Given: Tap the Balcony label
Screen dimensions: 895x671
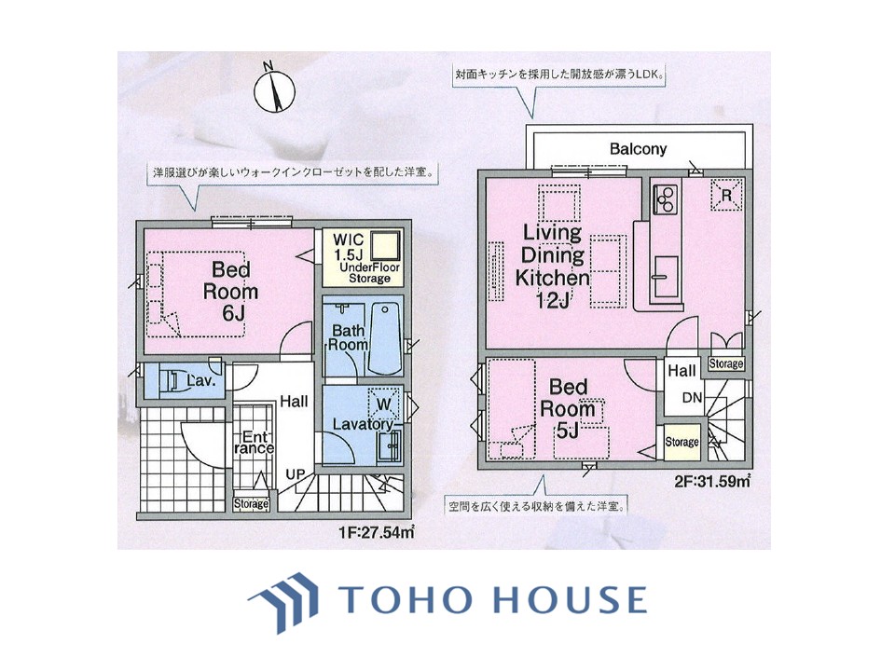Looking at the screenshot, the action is pos(638,149).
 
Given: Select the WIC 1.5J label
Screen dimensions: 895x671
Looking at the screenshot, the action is pos(348,246).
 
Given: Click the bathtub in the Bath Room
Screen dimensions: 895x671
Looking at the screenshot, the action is pos(386,339).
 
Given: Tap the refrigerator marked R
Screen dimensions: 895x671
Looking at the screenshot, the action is pos(726,195).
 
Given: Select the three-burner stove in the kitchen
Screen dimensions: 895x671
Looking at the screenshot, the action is pos(665,199).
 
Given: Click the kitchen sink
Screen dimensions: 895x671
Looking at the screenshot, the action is pos(665,277).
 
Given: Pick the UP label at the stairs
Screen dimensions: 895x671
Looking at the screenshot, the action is pos(296,473).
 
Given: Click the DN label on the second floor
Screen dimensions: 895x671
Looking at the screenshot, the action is pos(692,398).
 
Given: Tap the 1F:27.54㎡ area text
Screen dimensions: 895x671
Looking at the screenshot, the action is pos(376,532).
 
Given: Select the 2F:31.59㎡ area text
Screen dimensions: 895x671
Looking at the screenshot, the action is pos(712,482).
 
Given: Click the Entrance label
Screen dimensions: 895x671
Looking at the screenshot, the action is pos(254,443).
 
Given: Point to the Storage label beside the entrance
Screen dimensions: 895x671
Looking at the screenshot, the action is pos(251,504).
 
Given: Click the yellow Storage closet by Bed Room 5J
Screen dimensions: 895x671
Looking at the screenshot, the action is pos(682,442).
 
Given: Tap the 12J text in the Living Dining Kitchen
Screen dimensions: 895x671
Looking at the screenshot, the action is pos(553,301).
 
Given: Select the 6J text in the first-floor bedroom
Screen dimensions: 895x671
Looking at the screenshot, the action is pos(230,313).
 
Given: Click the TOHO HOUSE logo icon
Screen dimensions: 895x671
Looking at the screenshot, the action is pos(283,603).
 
